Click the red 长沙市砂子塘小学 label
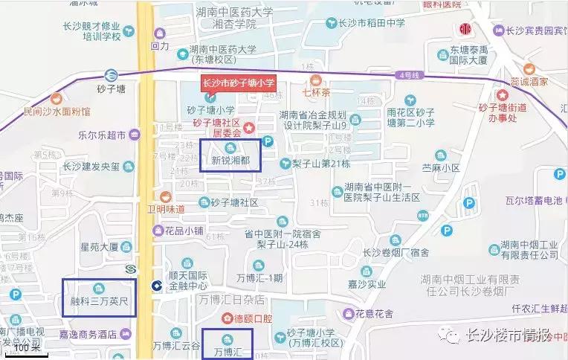(239, 83)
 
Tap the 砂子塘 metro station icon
(110, 74)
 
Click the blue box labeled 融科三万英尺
(99, 298)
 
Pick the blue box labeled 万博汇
(227, 343)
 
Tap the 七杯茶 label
(316, 94)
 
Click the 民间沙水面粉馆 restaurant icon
(56, 98)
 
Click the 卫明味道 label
(165, 209)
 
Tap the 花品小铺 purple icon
(158, 231)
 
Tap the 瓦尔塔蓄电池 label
(533, 201)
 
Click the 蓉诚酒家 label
(529, 81)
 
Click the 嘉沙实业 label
(361, 283)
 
